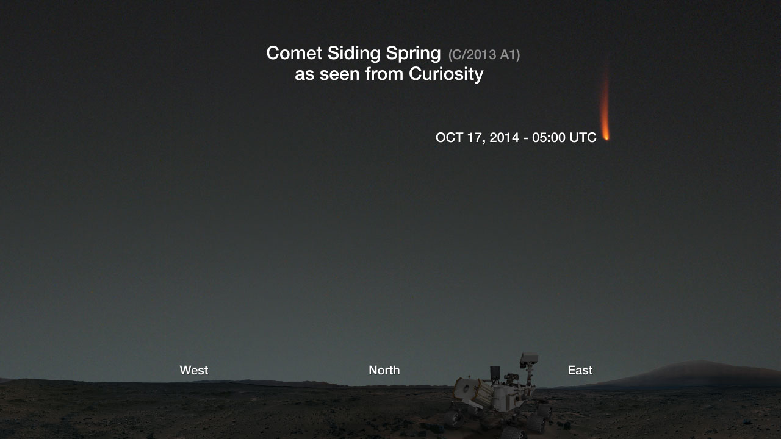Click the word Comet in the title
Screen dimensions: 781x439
point(294,53)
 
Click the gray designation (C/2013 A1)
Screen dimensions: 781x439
point(484,55)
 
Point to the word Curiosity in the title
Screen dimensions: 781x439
point(446,74)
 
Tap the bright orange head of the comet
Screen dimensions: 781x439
point(606,135)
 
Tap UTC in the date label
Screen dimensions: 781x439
point(583,138)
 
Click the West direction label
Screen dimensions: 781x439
point(194,370)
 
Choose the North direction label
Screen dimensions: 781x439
point(384,370)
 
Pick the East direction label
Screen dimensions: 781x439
point(580,370)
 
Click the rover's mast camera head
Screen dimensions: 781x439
point(529,359)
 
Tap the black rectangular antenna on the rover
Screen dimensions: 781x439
point(495,373)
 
